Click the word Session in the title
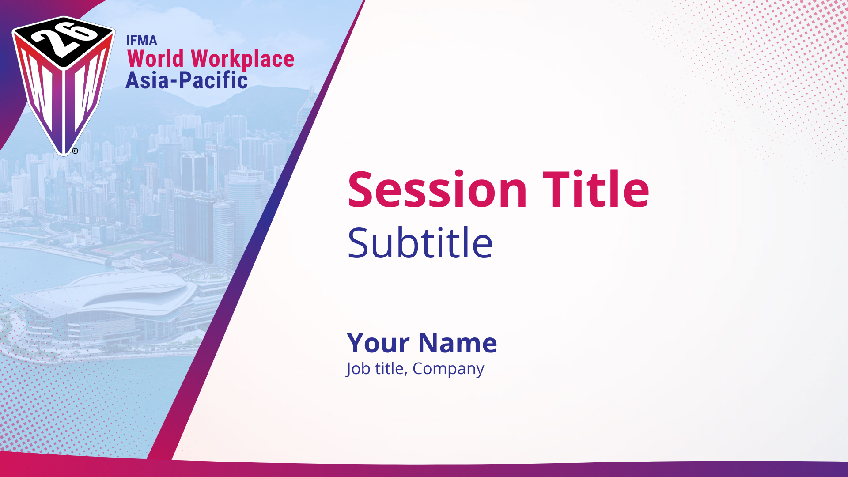437,189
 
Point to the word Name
458,343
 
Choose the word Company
448,369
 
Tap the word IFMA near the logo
142,41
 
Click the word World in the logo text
155,58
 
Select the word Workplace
242,59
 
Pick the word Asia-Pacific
187,80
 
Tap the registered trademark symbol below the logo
75,151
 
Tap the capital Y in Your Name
357,343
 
